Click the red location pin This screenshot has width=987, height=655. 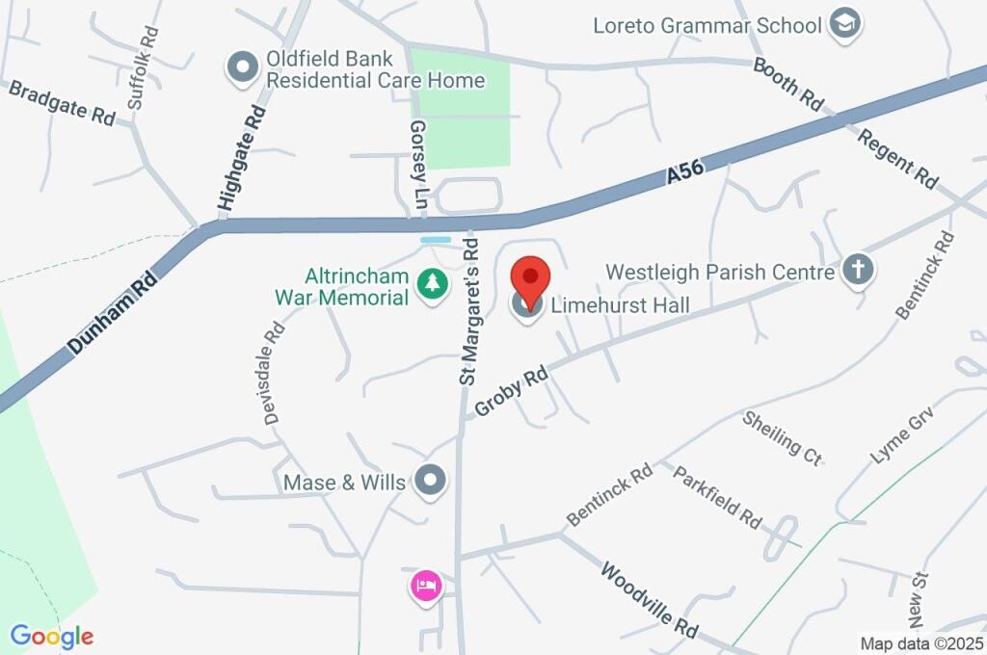(x=529, y=277)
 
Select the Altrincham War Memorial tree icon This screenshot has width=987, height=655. (x=432, y=284)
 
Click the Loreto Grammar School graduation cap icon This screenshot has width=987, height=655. (x=845, y=24)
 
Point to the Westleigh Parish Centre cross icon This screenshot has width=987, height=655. (x=856, y=272)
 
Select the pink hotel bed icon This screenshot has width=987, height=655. (x=426, y=584)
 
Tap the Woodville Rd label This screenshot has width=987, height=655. (x=649, y=598)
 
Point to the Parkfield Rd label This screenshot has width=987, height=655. (x=717, y=496)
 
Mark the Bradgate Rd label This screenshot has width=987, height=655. (x=63, y=102)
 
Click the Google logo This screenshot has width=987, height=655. (x=52, y=636)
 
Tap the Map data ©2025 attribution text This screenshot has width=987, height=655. (x=920, y=643)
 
